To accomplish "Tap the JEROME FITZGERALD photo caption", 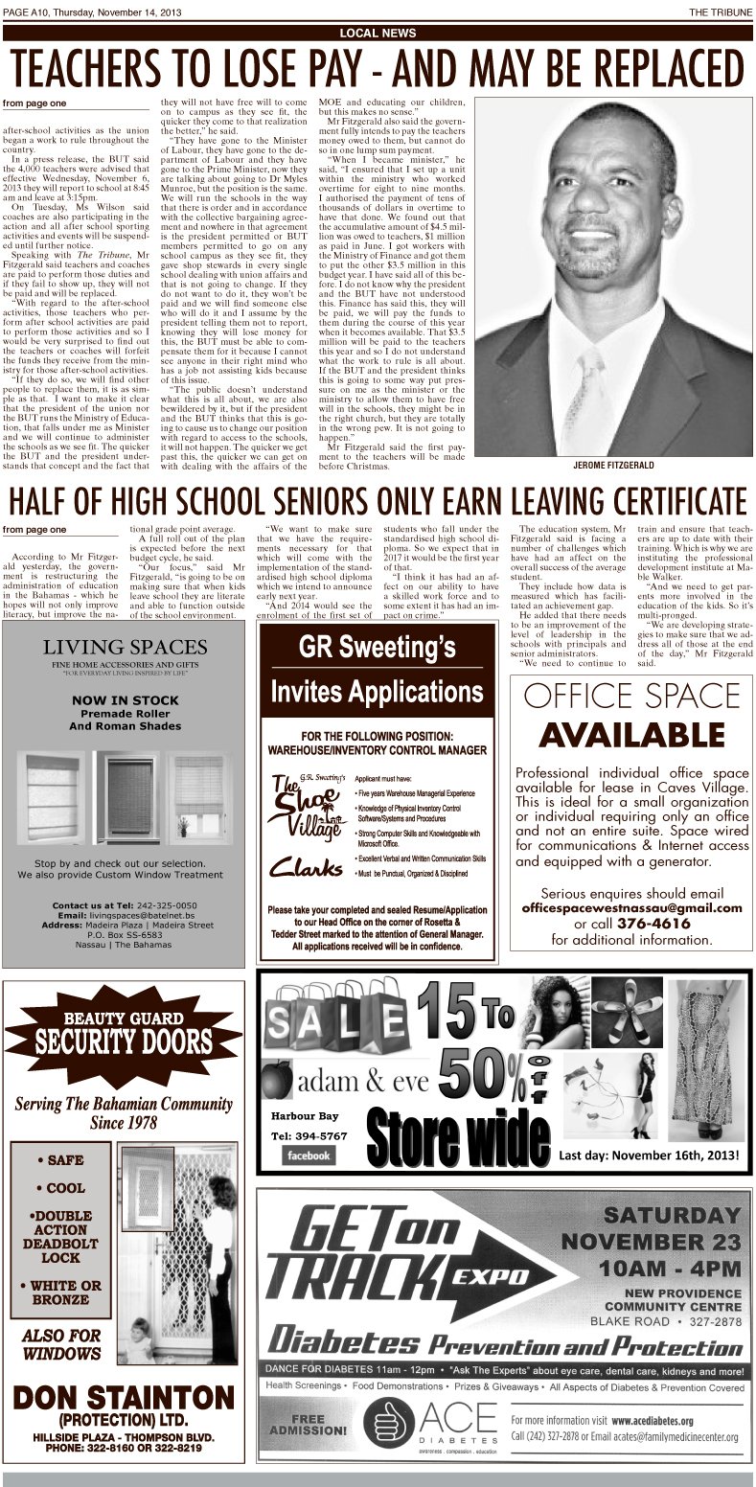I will click(x=613, y=465).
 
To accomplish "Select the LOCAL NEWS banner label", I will click(x=378, y=33).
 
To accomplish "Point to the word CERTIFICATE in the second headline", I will click(x=636, y=500).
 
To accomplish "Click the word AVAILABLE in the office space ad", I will click(x=630, y=735).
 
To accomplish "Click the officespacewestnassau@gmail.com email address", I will click(x=631, y=908).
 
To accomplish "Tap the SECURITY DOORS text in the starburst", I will click(x=124, y=1040).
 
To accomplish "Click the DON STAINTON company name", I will click(x=124, y=1398).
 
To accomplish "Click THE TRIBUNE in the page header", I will click(x=721, y=11).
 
